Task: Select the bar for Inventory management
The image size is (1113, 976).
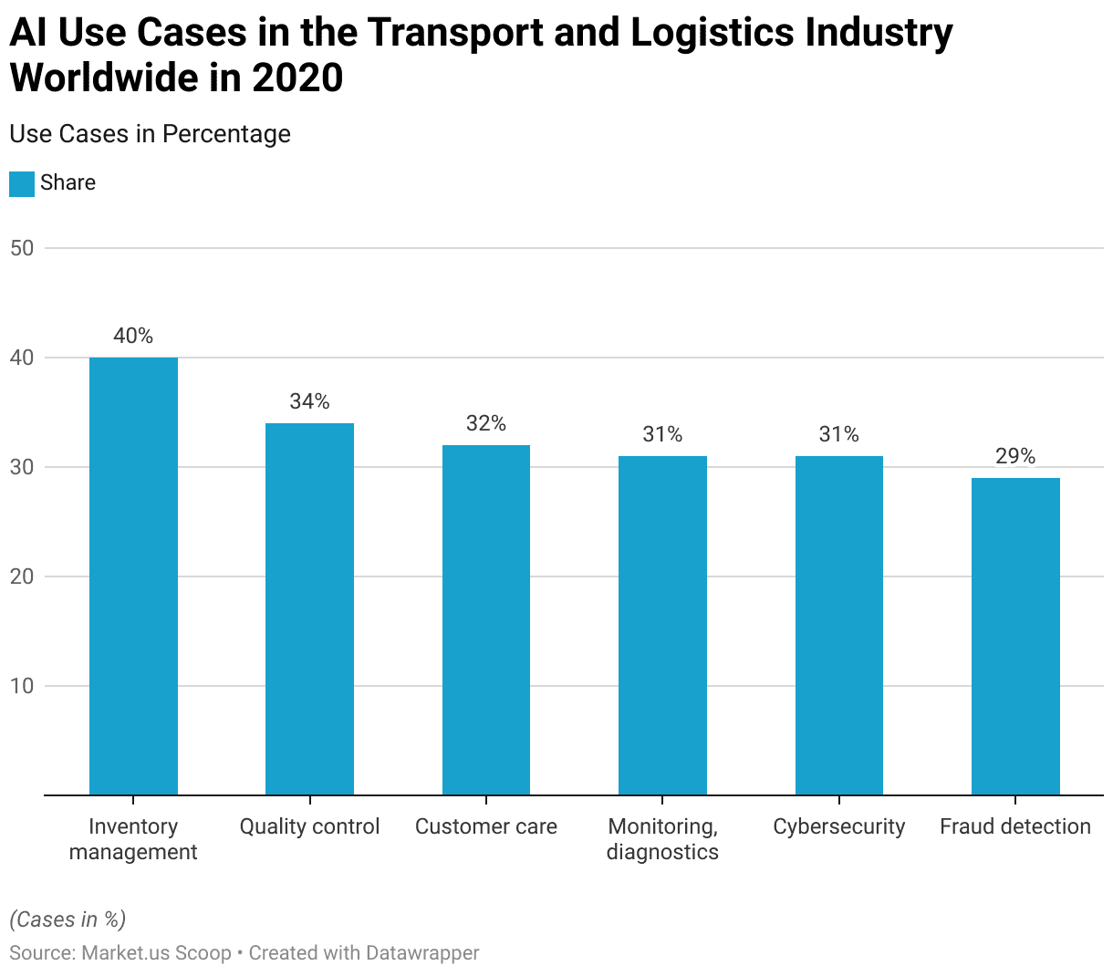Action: pyautogui.click(x=133, y=576)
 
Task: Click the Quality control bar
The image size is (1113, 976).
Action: pyautogui.click(x=309, y=608)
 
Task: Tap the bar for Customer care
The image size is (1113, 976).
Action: pyautogui.click(x=486, y=619)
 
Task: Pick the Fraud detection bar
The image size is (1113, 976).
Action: pyautogui.click(x=1015, y=636)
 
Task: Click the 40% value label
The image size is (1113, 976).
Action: pyautogui.click(x=133, y=336)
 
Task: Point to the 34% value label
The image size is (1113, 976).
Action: pyautogui.click(x=309, y=401)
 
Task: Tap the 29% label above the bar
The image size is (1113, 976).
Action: pyautogui.click(x=1015, y=456)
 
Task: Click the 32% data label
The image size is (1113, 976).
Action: pyautogui.click(x=486, y=423)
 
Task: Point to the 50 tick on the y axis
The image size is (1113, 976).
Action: pyautogui.click(x=22, y=248)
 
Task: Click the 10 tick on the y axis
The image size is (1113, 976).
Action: pyautogui.click(x=22, y=686)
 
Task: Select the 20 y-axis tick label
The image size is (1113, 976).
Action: pyautogui.click(x=22, y=576)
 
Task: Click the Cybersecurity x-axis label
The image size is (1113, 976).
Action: pyautogui.click(x=839, y=826)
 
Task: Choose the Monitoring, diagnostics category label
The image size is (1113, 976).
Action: pyautogui.click(x=662, y=839)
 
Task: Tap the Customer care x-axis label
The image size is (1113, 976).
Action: pyautogui.click(x=486, y=826)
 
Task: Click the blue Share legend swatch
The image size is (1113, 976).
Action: pyautogui.click(x=22, y=183)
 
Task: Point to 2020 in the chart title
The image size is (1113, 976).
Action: pyautogui.click(x=297, y=78)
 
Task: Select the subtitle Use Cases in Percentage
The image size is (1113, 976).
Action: pyautogui.click(x=150, y=134)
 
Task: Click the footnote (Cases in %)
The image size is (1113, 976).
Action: pyautogui.click(x=68, y=919)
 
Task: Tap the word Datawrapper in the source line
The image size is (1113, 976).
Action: pyautogui.click(x=422, y=953)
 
